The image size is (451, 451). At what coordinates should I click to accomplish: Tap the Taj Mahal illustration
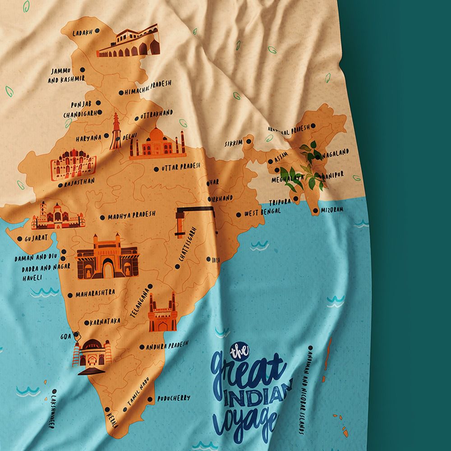point(157,143)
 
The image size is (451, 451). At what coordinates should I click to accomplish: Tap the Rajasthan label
point(79,182)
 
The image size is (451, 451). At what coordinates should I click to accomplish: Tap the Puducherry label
point(174,398)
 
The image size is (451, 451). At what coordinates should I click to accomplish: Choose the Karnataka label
point(105,322)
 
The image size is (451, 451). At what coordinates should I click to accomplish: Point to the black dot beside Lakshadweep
point(55,391)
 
